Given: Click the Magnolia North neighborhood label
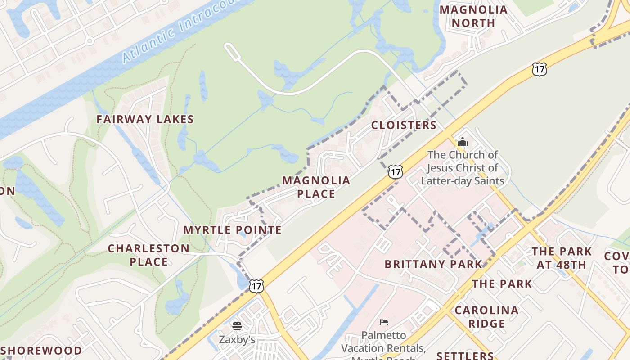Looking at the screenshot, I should pyautogui.click(x=473, y=16).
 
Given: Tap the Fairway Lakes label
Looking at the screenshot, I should pyautogui.click(x=145, y=119).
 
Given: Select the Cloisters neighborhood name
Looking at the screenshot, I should pyautogui.click(x=404, y=125).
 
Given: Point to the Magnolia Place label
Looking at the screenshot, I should pyautogui.click(x=316, y=187).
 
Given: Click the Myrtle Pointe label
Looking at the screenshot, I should pyautogui.click(x=232, y=230).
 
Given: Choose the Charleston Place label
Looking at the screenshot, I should pyautogui.click(x=148, y=255).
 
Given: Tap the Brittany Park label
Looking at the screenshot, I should pyautogui.click(x=433, y=264).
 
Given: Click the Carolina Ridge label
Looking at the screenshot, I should pyautogui.click(x=486, y=317).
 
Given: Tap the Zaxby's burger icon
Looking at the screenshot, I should pyautogui.click(x=237, y=326).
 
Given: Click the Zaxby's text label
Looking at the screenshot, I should pyautogui.click(x=237, y=339).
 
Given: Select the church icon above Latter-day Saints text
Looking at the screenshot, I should pyautogui.click(x=462, y=143).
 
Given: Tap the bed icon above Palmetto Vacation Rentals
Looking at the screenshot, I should pyautogui.click(x=383, y=322).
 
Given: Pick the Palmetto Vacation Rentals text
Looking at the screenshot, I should pyautogui.click(x=383, y=342).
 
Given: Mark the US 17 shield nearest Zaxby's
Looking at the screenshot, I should pyautogui.click(x=256, y=285).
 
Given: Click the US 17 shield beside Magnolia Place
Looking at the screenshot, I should pyautogui.click(x=395, y=171).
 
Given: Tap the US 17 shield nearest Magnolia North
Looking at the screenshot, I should pyautogui.click(x=539, y=69).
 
